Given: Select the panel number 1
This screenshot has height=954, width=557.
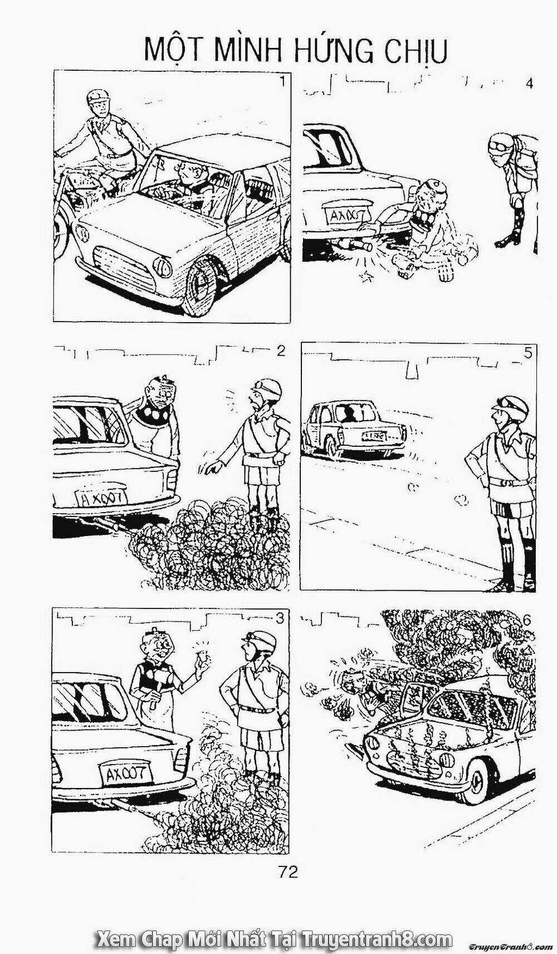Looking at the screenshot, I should click(x=284, y=82).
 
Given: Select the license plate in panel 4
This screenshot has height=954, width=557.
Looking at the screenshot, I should click(x=340, y=216).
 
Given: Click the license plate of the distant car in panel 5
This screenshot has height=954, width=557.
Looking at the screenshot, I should click(x=375, y=435).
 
